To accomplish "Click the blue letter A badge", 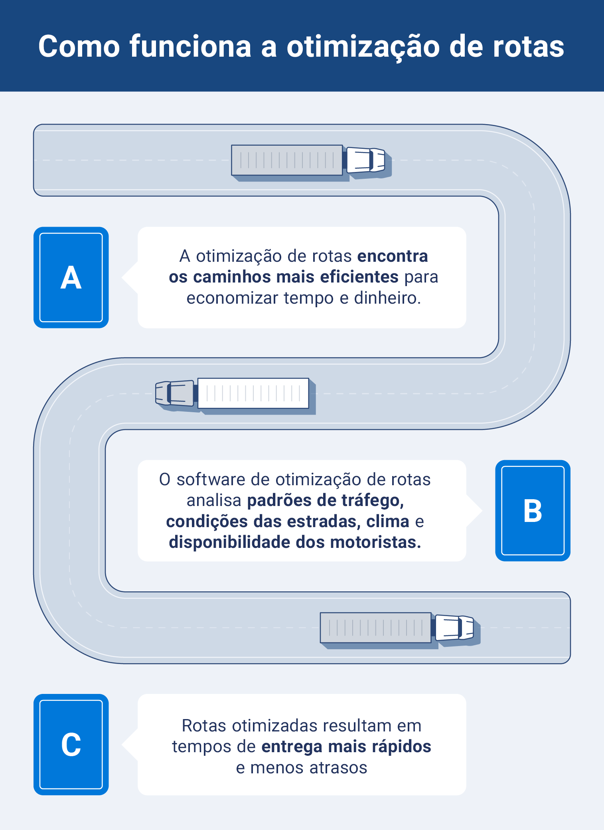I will [x=71, y=278].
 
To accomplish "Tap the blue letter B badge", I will [x=533, y=511].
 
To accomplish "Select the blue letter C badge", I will [x=71, y=745].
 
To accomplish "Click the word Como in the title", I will [x=79, y=47].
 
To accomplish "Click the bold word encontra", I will [x=393, y=256].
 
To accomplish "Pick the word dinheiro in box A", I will [x=387, y=298].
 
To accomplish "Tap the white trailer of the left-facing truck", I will [x=253, y=393].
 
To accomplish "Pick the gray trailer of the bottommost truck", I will [x=375, y=628].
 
